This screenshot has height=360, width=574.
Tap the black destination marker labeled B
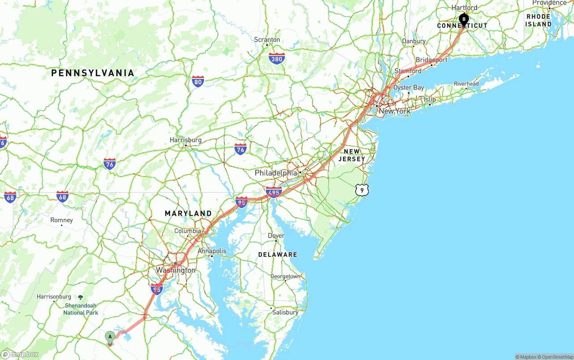(x=464, y=19)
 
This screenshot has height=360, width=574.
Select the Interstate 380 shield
(x=277, y=58)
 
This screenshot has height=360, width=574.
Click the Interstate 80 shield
(x=198, y=81)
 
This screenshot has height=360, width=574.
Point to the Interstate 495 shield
(x=274, y=192)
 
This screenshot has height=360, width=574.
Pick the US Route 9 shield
(x=362, y=190)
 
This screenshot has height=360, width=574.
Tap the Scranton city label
(x=267, y=39)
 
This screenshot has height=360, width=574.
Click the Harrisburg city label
(x=186, y=140)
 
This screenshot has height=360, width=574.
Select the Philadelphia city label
(x=276, y=173)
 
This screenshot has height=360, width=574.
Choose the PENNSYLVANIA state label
(x=92, y=73)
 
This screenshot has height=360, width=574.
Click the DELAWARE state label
(x=278, y=254)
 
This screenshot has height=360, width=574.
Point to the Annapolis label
(x=212, y=251)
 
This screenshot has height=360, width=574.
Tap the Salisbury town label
(x=285, y=312)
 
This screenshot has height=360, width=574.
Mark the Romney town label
(x=61, y=220)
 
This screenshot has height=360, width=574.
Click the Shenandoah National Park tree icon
(x=80, y=297)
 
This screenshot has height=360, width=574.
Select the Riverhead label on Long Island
(x=466, y=84)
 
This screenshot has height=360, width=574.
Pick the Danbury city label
(x=414, y=41)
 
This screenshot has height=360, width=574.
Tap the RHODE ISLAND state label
(x=539, y=20)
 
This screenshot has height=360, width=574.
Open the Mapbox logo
(x=20, y=354)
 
